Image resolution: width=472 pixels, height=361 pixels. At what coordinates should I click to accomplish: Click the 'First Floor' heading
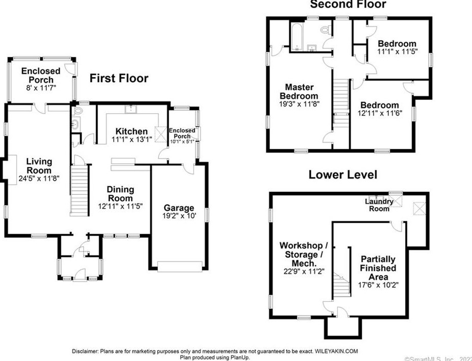pyautogui.click(x=119, y=78)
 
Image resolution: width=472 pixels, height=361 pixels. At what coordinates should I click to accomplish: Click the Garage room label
pyautogui.click(x=179, y=208)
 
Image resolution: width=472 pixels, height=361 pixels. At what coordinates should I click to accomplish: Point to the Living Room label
pyautogui.click(x=39, y=166)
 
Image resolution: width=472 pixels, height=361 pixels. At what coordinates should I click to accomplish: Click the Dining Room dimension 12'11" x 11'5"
pyautogui.click(x=120, y=207)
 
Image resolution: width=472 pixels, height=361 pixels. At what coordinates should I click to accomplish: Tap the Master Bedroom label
pyautogui.click(x=300, y=91)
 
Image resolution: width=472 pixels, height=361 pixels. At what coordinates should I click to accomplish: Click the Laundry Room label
pyautogui.click(x=379, y=205)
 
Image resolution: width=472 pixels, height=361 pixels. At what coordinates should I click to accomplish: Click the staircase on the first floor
pyautogui.click(x=79, y=191)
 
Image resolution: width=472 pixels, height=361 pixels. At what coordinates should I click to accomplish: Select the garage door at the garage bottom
pyautogui.click(x=179, y=265)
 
